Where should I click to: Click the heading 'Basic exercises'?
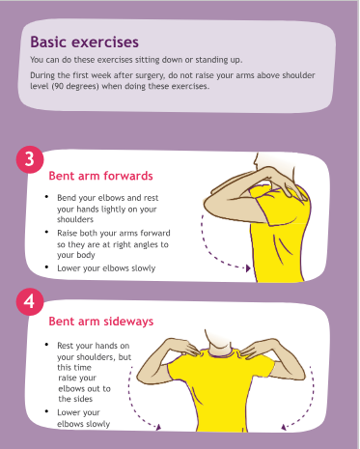click(x=85, y=42)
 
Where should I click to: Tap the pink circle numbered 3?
click(x=30, y=159)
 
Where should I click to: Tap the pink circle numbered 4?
click(x=30, y=301)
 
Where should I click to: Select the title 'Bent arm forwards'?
click(x=100, y=176)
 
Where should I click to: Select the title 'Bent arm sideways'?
click(x=101, y=322)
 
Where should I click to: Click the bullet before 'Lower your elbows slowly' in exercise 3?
click(x=47, y=267)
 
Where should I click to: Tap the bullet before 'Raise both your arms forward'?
click(x=47, y=232)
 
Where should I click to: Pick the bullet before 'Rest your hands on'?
click(x=47, y=345)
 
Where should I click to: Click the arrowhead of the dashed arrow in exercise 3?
click(x=248, y=267)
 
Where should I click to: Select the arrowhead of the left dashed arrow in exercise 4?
click(x=158, y=427)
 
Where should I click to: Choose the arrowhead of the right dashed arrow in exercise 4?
click(x=284, y=427)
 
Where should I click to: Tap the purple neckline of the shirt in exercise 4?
click(x=221, y=354)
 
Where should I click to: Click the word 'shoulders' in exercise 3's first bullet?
click(x=75, y=219)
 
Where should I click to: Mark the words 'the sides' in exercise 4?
click(x=75, y=399)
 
